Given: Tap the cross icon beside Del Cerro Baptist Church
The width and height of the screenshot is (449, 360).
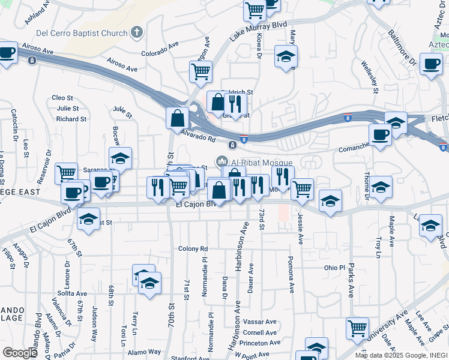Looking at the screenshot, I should [x=136, y=32].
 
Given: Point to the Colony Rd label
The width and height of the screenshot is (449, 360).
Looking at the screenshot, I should [x=193, y=248].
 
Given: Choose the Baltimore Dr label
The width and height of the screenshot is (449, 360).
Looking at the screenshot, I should [x=402, y=48].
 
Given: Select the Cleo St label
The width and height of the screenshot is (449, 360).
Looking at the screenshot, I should [x=62, y=97].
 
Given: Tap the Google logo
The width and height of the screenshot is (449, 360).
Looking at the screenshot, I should [x=20, y=353].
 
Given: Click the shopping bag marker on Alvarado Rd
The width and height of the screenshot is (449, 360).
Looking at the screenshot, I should [x=178, y=118].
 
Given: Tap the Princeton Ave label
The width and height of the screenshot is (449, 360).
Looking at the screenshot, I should [x=259, y=343].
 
